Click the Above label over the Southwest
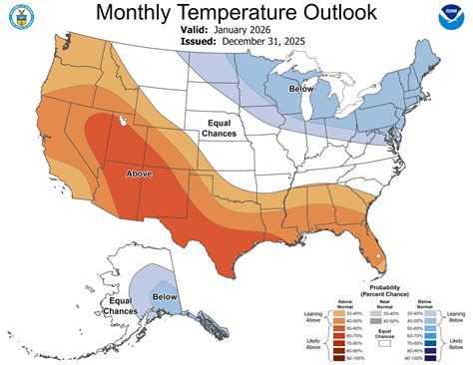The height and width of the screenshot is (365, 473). coord(139,174)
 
